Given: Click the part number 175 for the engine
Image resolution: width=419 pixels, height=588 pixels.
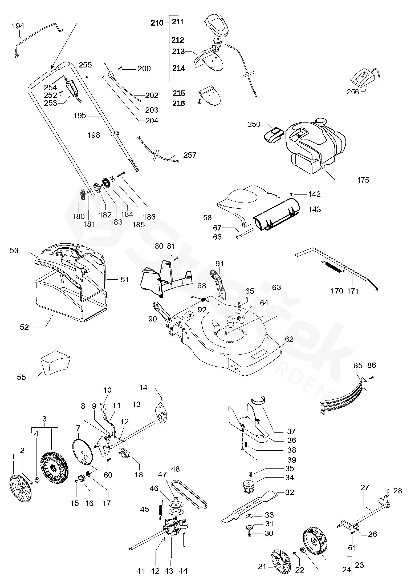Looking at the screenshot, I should [x=363, y=180].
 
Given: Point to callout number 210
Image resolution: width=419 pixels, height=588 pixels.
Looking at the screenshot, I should [x=157, y=23].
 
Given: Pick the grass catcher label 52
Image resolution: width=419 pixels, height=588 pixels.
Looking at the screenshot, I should [x=24, y=327].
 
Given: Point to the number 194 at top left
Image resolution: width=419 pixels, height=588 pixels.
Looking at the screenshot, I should [x=18, y=26].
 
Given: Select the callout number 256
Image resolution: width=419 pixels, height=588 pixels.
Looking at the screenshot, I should [x=353, y=92].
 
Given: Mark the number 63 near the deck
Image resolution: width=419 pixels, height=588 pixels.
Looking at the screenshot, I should [x=276, y=288].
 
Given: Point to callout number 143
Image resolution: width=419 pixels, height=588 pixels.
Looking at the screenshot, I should [x=315, y=209].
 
